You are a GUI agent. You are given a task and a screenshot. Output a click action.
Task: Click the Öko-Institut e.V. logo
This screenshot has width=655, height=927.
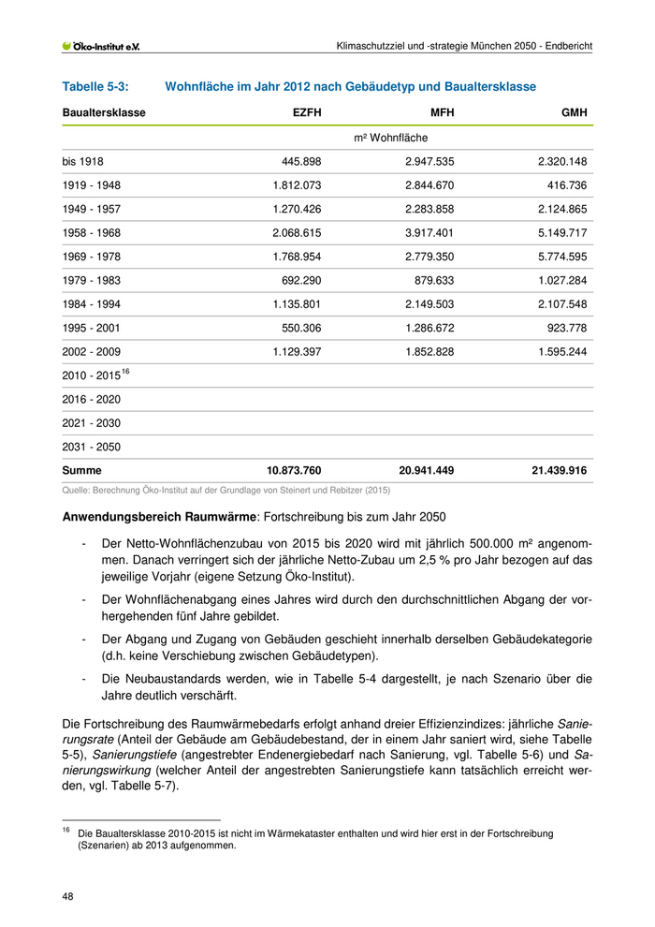(100, 46)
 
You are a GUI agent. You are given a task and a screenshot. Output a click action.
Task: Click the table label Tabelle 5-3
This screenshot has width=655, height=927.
(95, 87)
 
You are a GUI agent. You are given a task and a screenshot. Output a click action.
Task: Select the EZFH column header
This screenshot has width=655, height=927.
(307, 113)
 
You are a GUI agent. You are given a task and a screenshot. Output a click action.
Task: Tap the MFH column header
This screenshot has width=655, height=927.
(442, 113)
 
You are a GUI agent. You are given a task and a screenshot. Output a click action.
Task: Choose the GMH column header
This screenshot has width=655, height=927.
(574, 113)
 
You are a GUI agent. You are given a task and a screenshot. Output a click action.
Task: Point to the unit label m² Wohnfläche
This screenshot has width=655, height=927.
(390, 138)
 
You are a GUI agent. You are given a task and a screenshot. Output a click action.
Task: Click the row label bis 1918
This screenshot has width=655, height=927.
(83, 161)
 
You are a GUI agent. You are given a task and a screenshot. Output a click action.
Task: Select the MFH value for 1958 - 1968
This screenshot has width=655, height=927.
(429, 232)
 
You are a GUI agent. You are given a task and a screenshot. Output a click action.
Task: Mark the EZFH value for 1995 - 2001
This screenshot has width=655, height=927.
(300, 328)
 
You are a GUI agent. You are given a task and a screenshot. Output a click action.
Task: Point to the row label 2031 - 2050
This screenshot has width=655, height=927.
(91, 447)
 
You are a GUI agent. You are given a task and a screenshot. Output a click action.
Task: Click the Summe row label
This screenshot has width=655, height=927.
(82, 470)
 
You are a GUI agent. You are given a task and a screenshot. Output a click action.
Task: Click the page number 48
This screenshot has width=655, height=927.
(68, 897)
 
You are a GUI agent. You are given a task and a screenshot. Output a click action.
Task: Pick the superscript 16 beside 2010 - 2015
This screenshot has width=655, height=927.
(125, 372)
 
